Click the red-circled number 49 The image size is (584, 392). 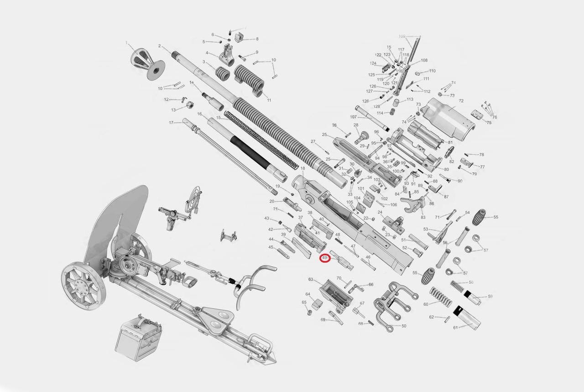tap(324, 258)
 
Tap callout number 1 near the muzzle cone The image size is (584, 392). tap(126, 42)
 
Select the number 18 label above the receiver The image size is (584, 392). tap(302, 169)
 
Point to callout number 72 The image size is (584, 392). tap(461, 101)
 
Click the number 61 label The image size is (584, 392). tap(455, 328)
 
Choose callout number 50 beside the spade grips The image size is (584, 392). tap(404, 326)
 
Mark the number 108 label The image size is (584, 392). tap(424, 61)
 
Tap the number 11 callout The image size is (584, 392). tap(269, 100)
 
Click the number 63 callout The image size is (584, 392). tap(311, 279)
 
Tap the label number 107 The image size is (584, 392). tap(353, 117)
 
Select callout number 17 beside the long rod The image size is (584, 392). tap(172, 123)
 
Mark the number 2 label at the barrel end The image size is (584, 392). tap(159, 46)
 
